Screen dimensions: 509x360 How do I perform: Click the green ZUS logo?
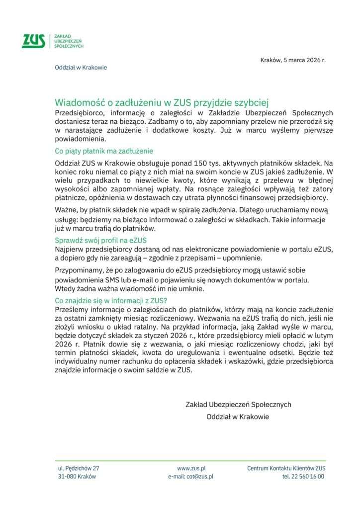point(33,41)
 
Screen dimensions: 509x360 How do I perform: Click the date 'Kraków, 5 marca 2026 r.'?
point(293,60)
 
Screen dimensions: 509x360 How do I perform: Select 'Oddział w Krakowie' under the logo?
point(81,68)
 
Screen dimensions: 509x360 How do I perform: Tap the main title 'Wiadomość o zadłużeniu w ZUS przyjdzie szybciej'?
point(162,103)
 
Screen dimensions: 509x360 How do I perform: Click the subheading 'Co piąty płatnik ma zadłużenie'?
point(104,151)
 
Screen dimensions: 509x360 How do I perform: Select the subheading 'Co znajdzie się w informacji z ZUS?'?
point(111,300)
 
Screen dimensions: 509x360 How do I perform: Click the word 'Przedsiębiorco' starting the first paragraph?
point(78,113)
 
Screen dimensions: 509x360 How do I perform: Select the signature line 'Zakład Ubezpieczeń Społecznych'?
point(238,405)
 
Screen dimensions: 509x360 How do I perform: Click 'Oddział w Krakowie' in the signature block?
point(238,417)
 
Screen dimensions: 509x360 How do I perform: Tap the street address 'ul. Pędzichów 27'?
point(79,468)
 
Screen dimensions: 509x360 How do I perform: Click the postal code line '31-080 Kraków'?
point(77,476)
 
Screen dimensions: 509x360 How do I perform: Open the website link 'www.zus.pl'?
point(191,468)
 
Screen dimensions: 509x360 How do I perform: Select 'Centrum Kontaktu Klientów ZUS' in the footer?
point(286,468)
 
